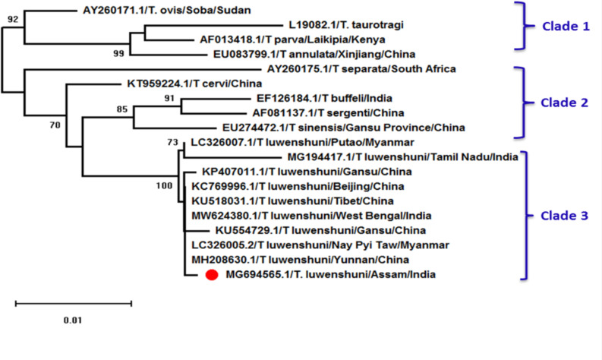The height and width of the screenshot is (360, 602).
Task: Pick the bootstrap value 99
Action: (x=118, y=52)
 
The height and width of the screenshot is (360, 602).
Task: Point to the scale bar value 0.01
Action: (x=72, y=319)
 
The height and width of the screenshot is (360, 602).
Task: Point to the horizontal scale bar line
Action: (x=74, y=303)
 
